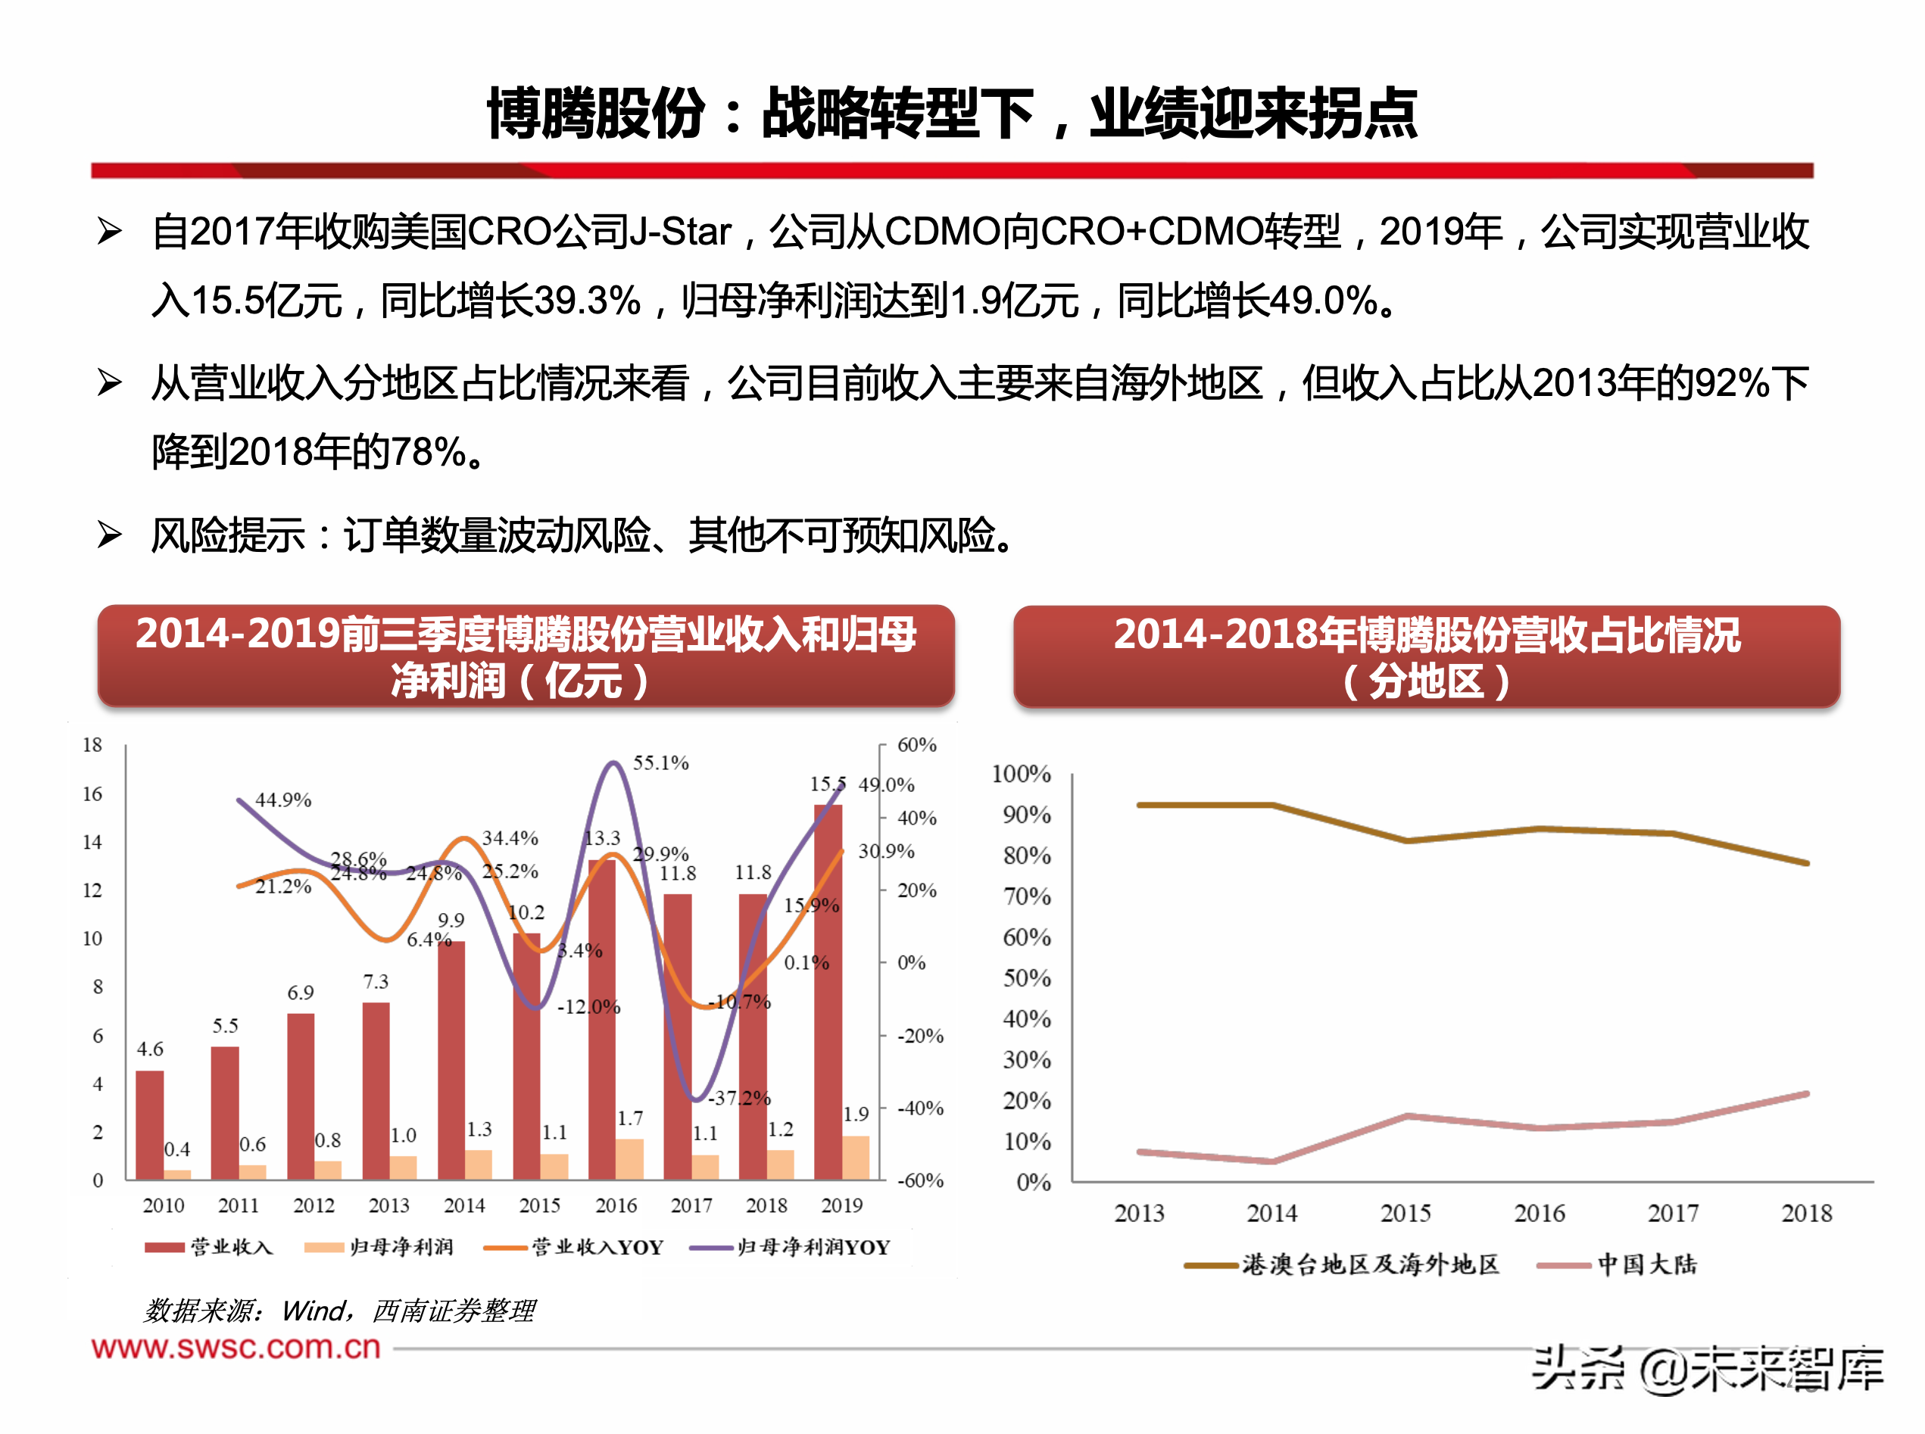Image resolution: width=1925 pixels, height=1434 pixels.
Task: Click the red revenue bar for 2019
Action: point(828,990)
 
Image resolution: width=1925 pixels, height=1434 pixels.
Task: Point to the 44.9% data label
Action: point(283,800)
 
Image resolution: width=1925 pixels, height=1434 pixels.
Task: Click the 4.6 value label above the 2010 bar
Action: point(149,1049)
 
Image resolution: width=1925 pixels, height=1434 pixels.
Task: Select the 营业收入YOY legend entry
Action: point(574,1248)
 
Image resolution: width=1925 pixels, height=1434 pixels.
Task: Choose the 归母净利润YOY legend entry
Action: point(790,1248)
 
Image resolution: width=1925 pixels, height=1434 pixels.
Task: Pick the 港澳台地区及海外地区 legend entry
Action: point(1341,1264)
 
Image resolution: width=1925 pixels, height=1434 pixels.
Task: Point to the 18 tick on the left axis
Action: point(92,745)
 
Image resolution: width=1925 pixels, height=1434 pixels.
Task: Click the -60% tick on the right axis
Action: point(920,1180)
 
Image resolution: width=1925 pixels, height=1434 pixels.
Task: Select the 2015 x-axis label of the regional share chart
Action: point(1406,1214)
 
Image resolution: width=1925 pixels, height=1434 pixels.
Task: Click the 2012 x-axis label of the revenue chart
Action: point(314,1205)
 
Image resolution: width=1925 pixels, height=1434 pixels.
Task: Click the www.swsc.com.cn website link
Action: point(236,1347)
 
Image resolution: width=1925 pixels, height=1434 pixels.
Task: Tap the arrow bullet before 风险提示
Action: point(109,535)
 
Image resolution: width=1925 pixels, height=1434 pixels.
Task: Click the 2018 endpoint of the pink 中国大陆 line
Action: point(1807,1094)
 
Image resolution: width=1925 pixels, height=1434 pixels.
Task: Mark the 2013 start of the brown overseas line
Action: point(1139,805)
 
